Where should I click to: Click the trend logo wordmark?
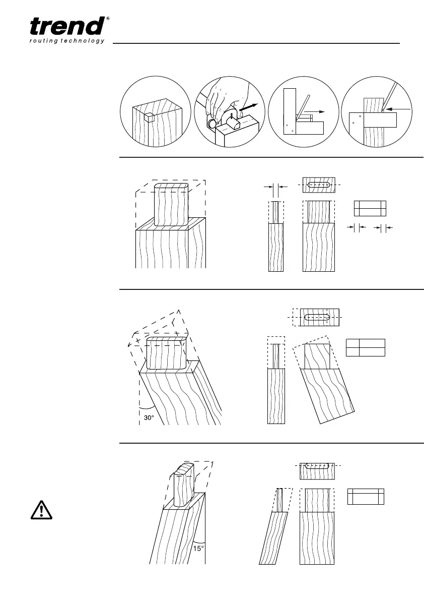pos(67,27)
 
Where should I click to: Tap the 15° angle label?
pos(198,548)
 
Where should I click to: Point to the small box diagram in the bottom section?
pos(366,496)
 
